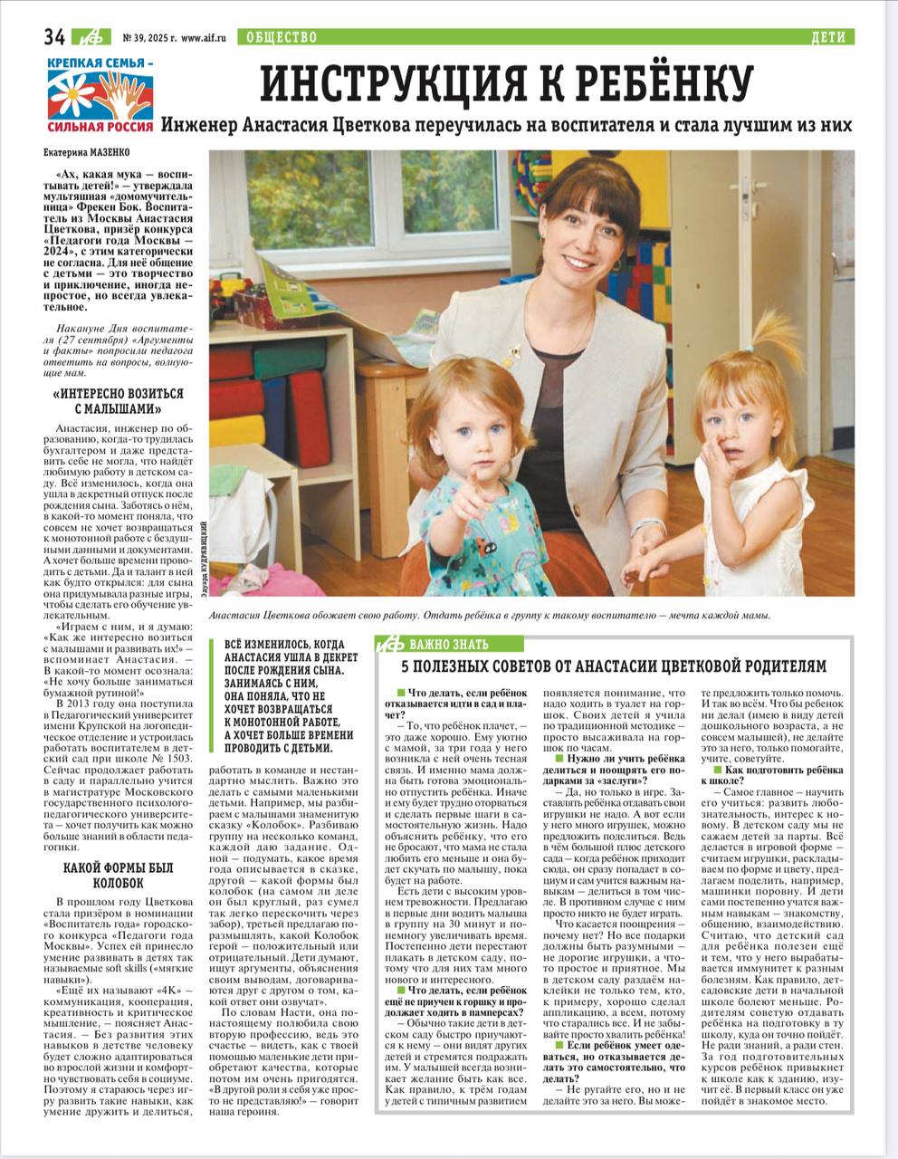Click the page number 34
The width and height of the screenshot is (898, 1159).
pyautogui.click(x=52, y=37)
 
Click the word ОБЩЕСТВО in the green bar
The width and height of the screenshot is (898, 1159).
pyautogui.click(x=277, y=37)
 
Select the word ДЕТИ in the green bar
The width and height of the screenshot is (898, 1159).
pyautogui.click(x=828, y=37)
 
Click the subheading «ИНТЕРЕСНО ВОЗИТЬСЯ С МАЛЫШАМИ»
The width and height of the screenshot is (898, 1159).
pyautogui.click(x=119, y=402)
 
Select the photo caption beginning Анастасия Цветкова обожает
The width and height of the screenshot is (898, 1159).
pyautogui.click(x=489, y=616)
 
